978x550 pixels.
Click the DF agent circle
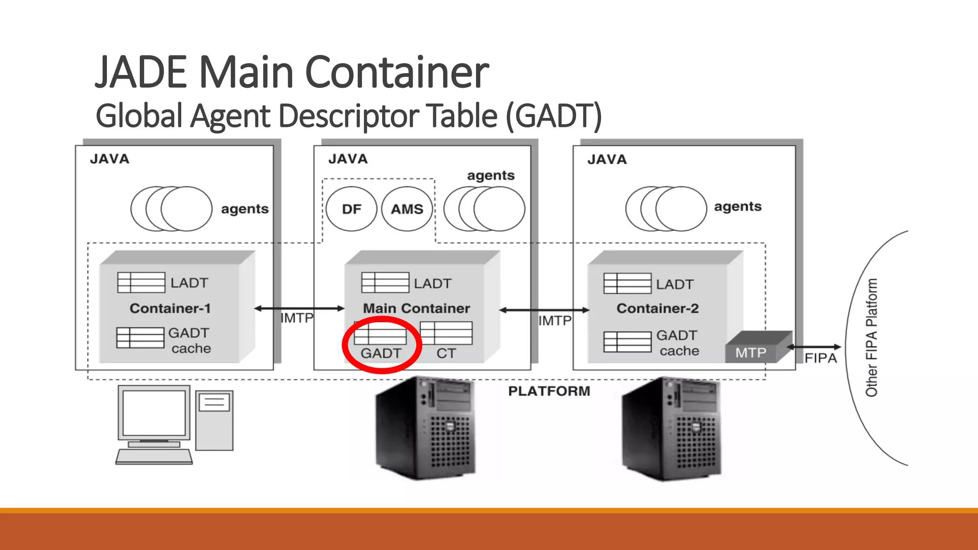[351, 209]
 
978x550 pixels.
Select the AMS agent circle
[407, 209]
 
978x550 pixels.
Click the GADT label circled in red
[381, 353]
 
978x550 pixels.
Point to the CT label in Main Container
[446, 353]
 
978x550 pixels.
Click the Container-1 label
[170, 308]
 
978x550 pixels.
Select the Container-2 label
[658, 308]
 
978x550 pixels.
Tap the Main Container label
[416, 308]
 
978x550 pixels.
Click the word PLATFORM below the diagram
[549, 391]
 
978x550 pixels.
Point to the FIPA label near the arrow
[820, 358]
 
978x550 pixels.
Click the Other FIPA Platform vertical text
[872, 338]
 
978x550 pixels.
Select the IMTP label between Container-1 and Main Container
[297, 318]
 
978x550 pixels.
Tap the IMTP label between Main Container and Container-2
[555, 320]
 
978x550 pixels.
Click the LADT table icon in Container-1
[141, 283]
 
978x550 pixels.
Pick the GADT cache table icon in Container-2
[627, 342]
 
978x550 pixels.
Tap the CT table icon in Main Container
[446, 333]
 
